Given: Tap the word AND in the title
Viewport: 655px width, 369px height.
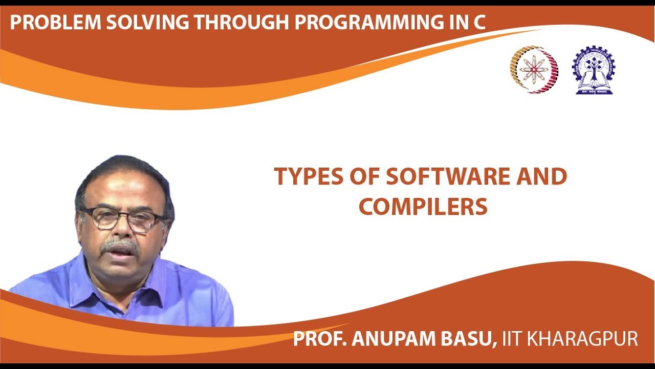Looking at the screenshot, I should click(542, 177).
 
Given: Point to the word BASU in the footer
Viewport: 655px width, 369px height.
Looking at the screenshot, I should click(470, 339).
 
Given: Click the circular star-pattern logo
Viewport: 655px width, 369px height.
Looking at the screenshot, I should click(534, 69).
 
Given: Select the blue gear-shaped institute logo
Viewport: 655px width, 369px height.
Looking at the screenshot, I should click(594, 70).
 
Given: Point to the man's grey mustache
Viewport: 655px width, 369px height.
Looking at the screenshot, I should click(119, 245).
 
